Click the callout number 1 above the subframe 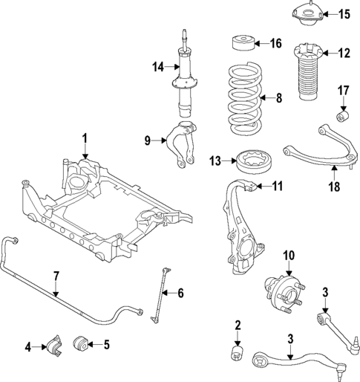85,137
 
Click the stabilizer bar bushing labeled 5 82,344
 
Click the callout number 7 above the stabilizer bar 56,277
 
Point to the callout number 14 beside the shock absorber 157,67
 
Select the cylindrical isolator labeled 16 244,42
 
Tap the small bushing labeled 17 344,117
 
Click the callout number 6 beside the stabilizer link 180,292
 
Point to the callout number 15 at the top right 343,14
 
